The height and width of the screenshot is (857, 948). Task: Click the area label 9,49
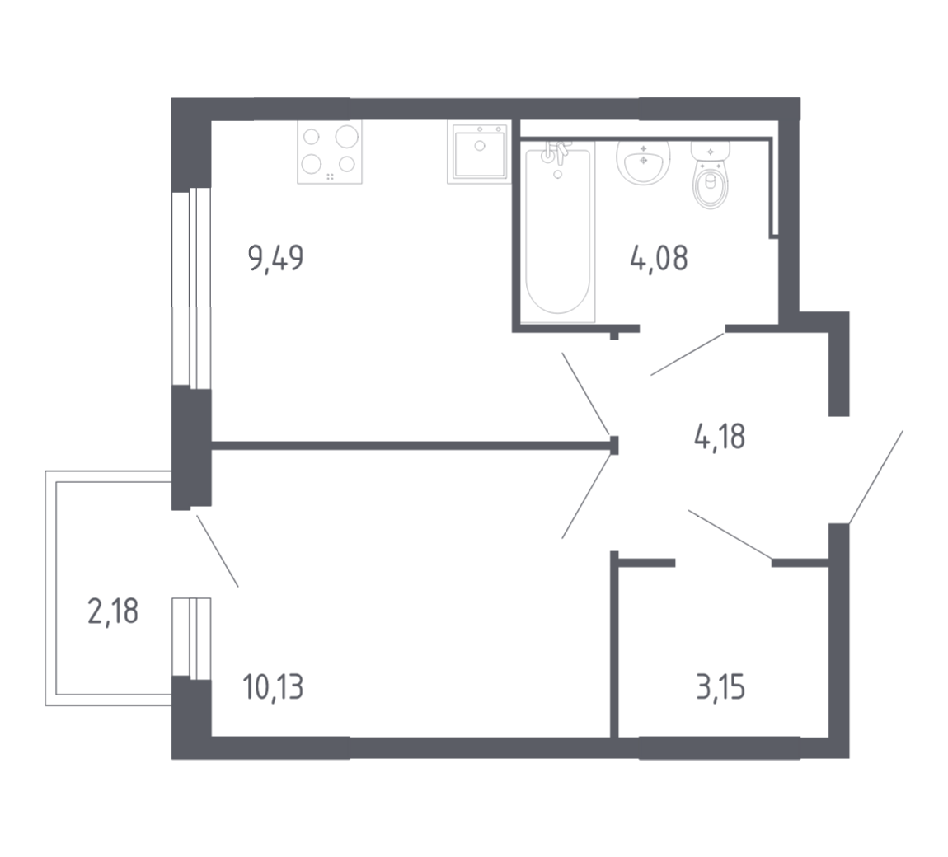[x=275, y=259]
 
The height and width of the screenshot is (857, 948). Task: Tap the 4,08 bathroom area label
[x=659, y=258]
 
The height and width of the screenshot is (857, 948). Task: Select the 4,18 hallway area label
[x=720, y=436]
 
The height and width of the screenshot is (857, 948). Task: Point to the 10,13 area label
[x=274, y=687]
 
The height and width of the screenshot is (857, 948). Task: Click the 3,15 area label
[x=720, y=687]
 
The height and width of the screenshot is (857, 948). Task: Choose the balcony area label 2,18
[x=113, y=611]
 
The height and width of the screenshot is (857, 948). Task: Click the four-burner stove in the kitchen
[x=330, y=152]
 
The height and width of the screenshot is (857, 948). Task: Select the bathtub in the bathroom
[x=557, y=232]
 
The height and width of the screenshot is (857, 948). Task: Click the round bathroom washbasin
[x=643, y=162]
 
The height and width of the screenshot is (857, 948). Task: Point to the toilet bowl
[x=711, y=176]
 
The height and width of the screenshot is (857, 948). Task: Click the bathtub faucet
[x=556, y=154]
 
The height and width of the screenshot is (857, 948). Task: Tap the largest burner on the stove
[x=347, y=136]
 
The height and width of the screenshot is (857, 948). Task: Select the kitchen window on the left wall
[x=191, y=289]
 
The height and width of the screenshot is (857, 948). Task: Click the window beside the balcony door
[x=191, y=637]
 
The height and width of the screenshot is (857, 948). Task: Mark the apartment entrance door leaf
[x=876, y=477]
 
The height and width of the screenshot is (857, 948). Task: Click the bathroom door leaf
[x=688, y=353]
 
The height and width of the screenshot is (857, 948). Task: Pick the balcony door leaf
[x=217, y=550]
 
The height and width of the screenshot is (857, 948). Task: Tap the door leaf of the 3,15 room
[x=730, y=534]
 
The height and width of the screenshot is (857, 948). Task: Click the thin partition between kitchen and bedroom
[x=411, y=446]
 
